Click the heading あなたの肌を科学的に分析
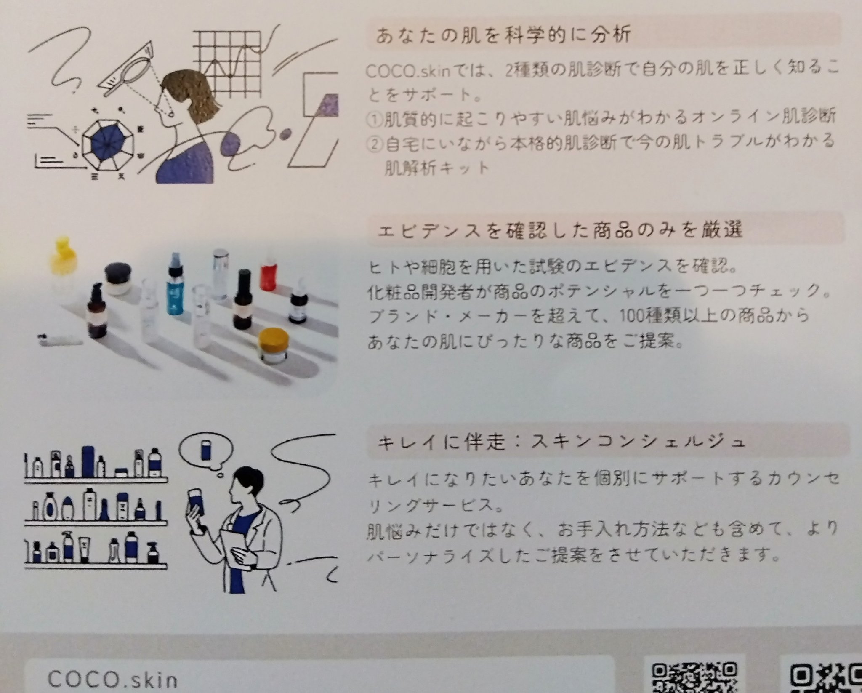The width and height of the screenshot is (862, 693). (503, 35)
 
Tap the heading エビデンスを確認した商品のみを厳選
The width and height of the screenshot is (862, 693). (560, 230)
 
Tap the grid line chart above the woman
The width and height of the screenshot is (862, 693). (228, 59)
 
